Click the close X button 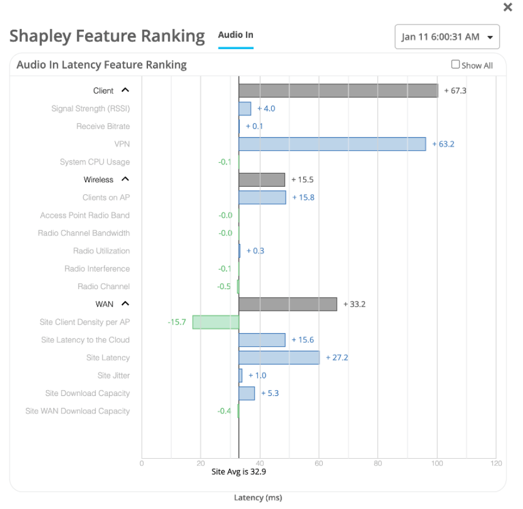[507, 7]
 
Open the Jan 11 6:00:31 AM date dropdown [447, 37]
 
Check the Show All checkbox [456, 65]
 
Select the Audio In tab [235, 35]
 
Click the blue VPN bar [332, 144]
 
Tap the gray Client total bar [338, 91]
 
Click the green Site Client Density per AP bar [215, 322]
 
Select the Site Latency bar [279, 358]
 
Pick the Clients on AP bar [262, 198]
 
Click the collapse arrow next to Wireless [126, 179]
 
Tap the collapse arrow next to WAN [126, 304]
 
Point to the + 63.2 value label [443, 144]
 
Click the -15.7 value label [177, 322]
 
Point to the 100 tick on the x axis [437, 463]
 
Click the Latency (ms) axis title [258, 498]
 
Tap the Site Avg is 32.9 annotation [239, 472]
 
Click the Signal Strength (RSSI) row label [90, 109]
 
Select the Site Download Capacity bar [247, 393]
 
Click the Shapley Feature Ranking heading [107, 36]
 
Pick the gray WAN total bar [287, 304]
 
